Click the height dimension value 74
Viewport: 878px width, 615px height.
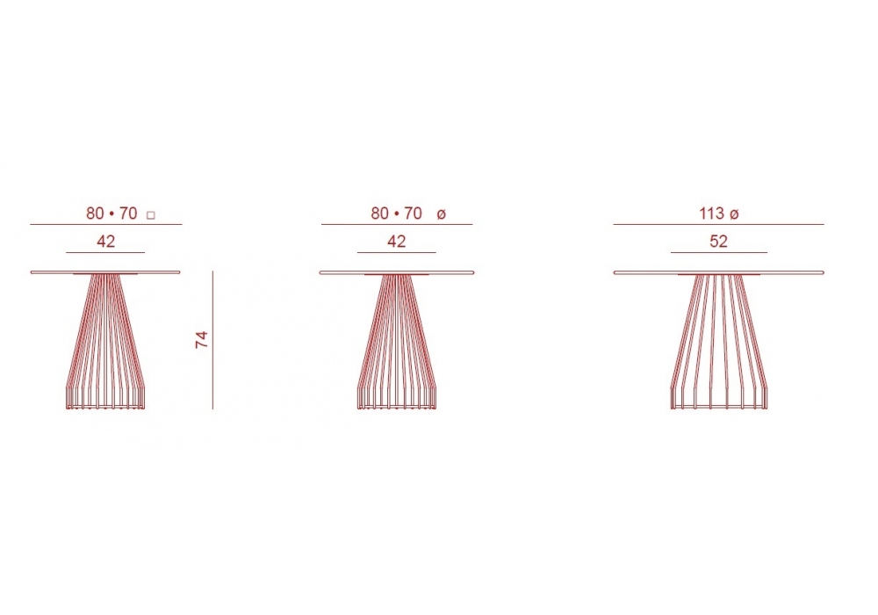[x=202, y=340]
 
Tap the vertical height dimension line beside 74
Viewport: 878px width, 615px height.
[x=212, y=340]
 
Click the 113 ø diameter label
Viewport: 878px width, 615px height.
[x=719, y=213]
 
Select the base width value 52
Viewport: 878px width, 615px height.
[x=718, y=241]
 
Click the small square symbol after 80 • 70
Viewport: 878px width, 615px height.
[x=150, y=215]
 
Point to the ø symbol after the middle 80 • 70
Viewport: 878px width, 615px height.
[x=441, y=214]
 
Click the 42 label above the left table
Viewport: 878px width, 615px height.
[x=106, y=241]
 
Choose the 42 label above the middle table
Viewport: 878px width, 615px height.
[x=397, y=241]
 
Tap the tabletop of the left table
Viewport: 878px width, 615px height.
[x=105, y=272]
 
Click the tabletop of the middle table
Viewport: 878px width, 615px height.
[x=397, y=272]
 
